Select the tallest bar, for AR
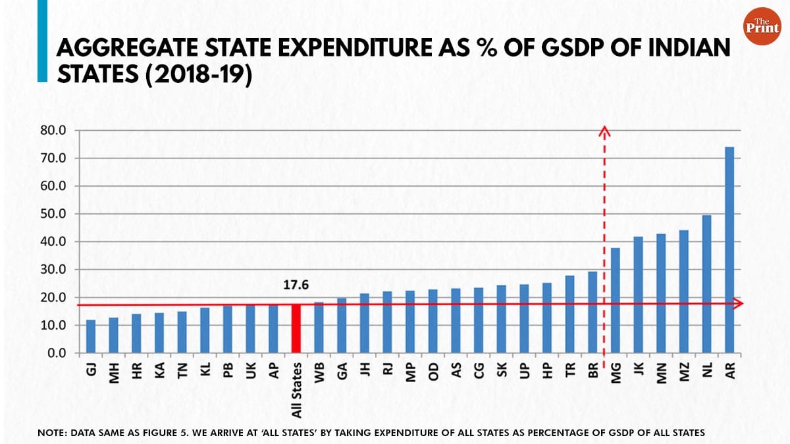729,250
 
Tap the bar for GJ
90,336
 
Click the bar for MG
615,301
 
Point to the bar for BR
592,312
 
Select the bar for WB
319,328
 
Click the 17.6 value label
296,286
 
